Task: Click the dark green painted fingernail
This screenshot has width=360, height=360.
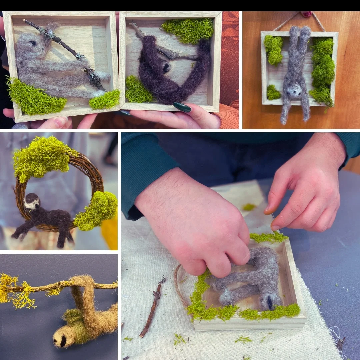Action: pos(182,107)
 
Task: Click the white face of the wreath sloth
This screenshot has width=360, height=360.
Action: pos(32,202)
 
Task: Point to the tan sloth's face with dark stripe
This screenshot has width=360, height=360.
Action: pos(63,338)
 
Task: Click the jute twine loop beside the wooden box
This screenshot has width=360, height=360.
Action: pos(178,283)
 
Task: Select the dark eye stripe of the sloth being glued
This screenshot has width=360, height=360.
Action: pos(269,302)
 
